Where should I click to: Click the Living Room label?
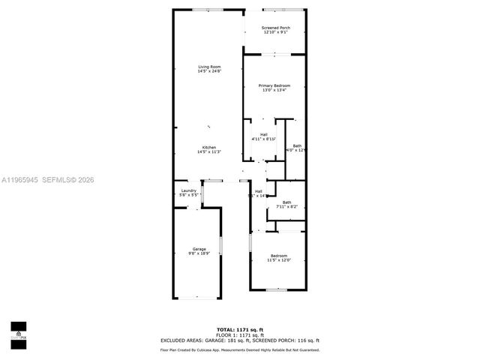click(209, 67)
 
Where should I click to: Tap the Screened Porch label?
click(275, 28)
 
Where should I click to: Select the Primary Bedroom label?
click(274, 85)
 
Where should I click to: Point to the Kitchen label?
click(208, 147)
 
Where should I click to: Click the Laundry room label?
click(189, 190)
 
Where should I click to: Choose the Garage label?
click(199, 249)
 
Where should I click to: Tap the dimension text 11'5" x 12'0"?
click(279, 261)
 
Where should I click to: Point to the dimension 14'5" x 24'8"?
click(209, 72)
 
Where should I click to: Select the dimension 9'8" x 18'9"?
click(199, 254)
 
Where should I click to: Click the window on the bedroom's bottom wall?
click(277, 289)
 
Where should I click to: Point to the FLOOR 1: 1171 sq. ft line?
click(239, 335)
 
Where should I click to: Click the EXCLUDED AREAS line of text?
click(239, 340)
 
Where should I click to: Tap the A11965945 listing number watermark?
click(20, 179)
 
